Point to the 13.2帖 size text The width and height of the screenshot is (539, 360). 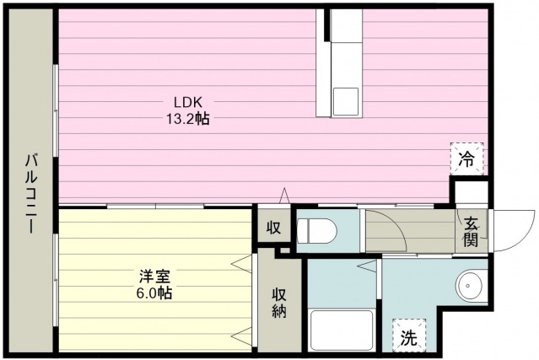coord(187,119)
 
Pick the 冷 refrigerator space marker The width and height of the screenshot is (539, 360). coord(466,158)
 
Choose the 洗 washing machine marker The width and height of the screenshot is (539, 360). coord(408,338)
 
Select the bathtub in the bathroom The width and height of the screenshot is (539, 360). coord(341,330)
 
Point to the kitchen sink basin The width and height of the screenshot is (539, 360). coord(345,102)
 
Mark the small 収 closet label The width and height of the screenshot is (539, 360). coord(273,228)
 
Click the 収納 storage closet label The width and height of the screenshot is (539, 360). coord(279,303)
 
